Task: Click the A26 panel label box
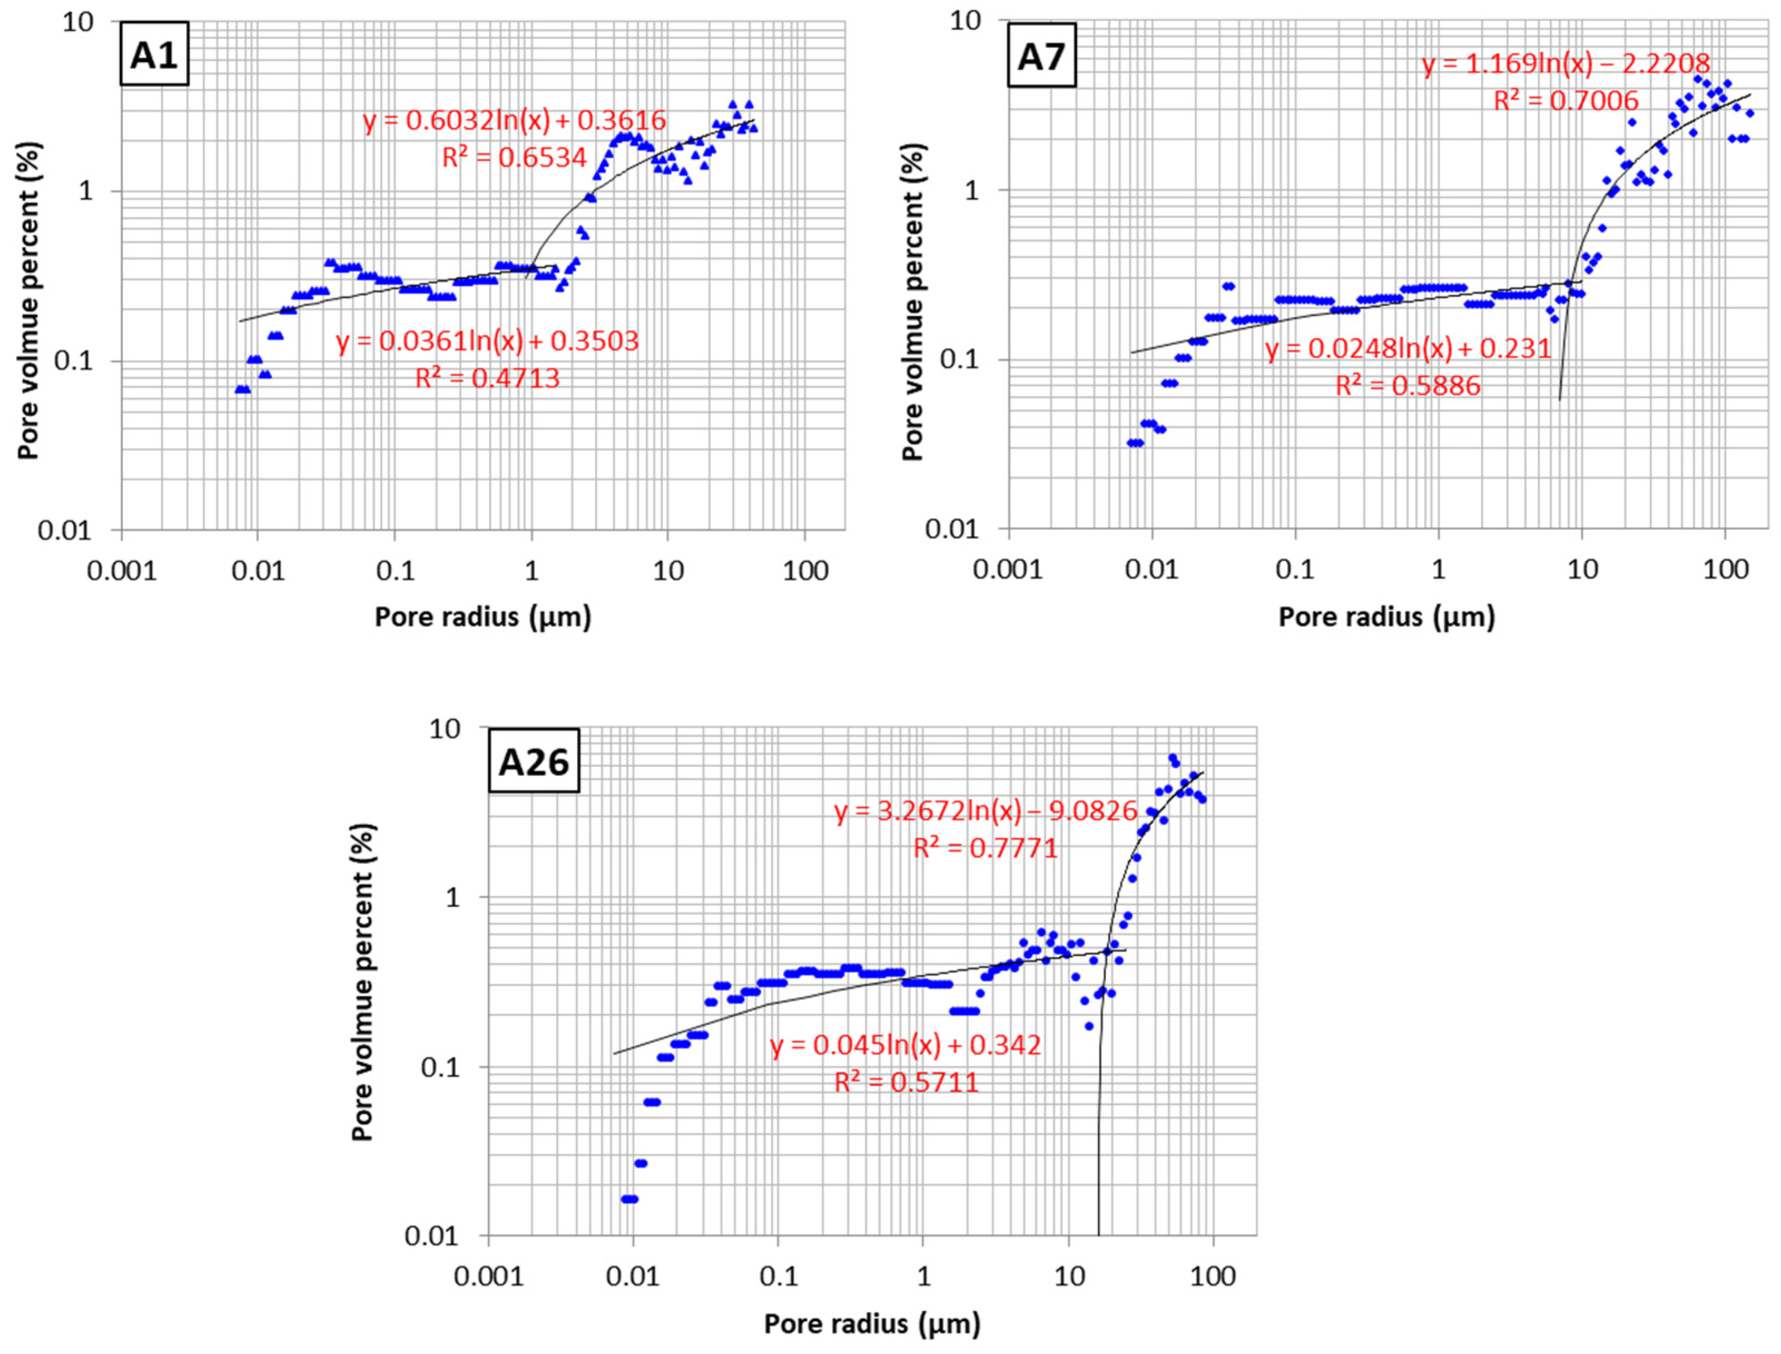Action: click(534, 762)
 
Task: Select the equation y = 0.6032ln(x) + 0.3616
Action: click(514, 121)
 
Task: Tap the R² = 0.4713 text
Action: click(487, 378)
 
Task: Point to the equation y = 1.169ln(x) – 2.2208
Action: click(1566, 63)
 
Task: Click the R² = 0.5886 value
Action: click(1408, 385)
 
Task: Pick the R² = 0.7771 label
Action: click(985, 848)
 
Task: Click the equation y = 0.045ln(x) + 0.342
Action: click(905, 1045)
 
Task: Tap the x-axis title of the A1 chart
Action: click(483, 617)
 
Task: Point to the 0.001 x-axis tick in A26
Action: click(489, 1277)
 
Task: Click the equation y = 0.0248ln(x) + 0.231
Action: click(1408, 349)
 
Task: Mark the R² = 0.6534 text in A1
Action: click(514, 157)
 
